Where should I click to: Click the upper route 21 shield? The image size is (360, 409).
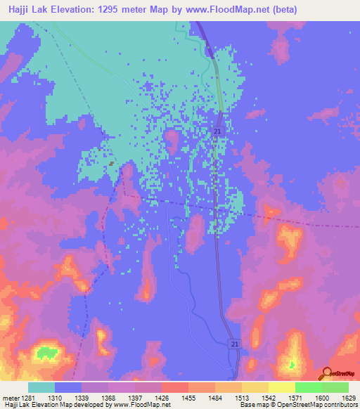(x=218, y=131)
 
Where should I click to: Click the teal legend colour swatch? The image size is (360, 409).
(x=41, y=387)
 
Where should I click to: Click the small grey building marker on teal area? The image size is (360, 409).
(x=112, y=164)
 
